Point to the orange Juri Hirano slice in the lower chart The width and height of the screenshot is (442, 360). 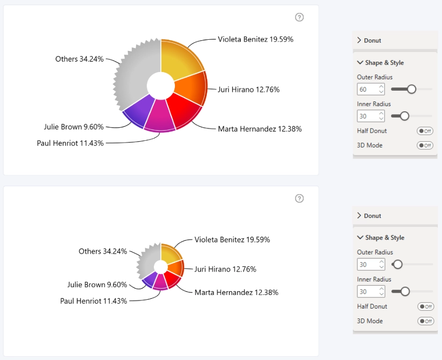[176, 267]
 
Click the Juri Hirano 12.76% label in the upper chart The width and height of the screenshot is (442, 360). [249, 90]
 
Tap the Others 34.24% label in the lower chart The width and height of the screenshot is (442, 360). [102, 251]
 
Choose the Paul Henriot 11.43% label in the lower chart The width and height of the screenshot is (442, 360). [94, 301]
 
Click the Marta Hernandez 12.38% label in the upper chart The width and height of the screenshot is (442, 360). [260, 129]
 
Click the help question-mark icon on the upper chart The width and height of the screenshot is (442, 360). [299, 17]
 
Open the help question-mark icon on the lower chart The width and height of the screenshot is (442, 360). [299, 199]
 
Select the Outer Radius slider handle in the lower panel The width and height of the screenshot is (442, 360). [398, 264]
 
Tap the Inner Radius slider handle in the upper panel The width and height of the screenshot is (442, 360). [405, 116]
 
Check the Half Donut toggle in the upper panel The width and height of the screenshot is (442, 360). [425, 131]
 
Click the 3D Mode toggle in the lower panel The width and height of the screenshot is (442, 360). [426, 321]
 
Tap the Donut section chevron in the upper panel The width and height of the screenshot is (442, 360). [359, 40]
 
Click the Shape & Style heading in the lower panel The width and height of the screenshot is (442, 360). [384, 238]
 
